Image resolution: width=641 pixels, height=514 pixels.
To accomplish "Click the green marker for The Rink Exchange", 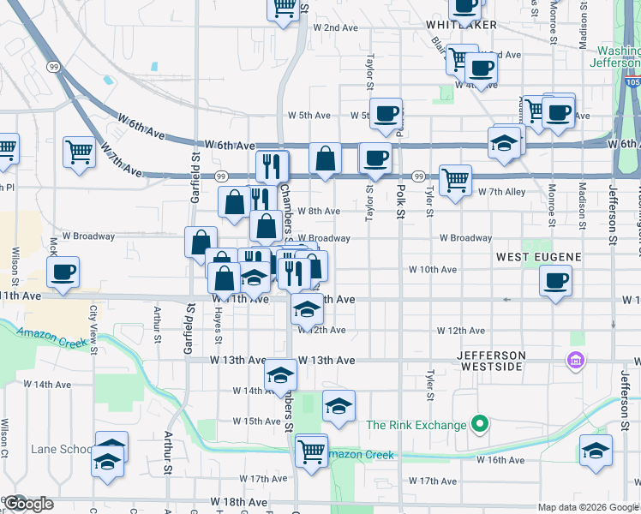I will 481,424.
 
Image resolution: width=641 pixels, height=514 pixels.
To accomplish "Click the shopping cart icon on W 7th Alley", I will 455,181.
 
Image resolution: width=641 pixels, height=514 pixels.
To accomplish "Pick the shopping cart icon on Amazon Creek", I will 311,450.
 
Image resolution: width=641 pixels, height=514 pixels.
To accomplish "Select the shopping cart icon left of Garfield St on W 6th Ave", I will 79,152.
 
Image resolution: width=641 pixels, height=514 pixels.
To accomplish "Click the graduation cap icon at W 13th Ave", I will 279,374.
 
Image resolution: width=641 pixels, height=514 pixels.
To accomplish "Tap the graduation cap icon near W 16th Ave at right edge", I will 596,450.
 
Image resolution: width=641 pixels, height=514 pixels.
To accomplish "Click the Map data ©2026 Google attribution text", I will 588,507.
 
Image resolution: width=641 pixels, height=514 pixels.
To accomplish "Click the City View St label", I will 93,327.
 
